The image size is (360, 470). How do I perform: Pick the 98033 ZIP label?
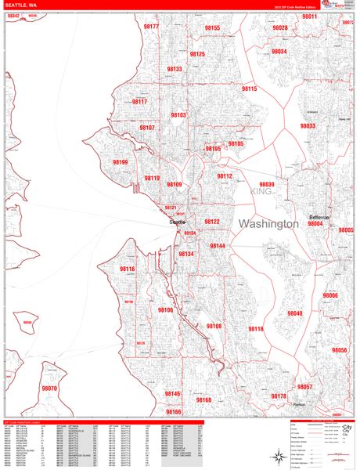(x=307, y=125)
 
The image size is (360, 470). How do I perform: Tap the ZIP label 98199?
(x=120, y=162)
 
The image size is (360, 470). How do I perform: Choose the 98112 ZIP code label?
(x=225, y=176)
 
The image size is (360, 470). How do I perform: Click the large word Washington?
(x=268, y=224)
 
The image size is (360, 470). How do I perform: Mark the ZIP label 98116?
(x=127, y=269)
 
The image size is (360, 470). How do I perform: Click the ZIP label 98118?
(x=256, y=329)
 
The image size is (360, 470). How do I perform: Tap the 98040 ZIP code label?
(x=294, y=313)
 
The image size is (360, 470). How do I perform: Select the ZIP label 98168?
(x=203, y=399)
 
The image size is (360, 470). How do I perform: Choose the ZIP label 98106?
(x=165, y=310)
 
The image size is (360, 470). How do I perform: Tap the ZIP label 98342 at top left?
(x=13, y=16)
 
